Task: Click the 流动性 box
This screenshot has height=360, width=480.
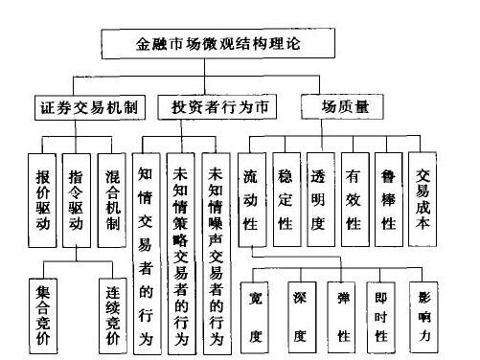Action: [252, 195]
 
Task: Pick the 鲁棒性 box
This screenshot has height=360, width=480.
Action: [387, 195]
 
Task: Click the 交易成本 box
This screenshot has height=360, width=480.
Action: [423, 195]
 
